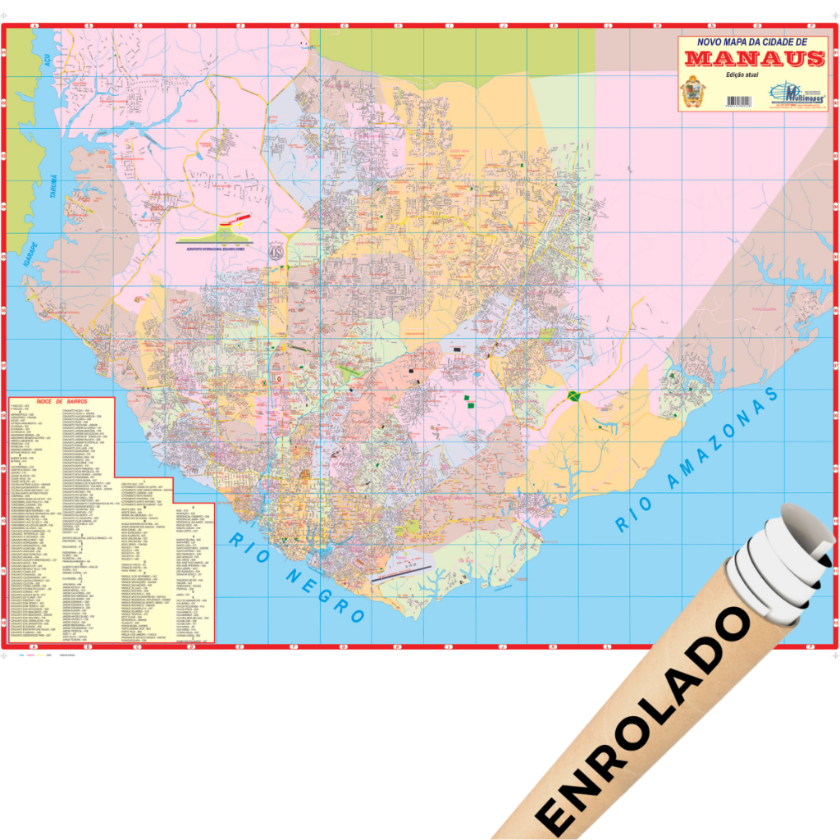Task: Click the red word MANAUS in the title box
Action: click(x=754, y=58)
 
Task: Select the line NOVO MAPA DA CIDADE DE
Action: click(x=752, y=42)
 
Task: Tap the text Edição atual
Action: click(x=744, y=75)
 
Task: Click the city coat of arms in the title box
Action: click(x=693, y=92)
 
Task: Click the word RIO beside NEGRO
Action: click(x=245, y=546)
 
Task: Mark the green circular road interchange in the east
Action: click(x=573, y=397)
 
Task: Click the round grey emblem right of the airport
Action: click(x=277, y=251)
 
